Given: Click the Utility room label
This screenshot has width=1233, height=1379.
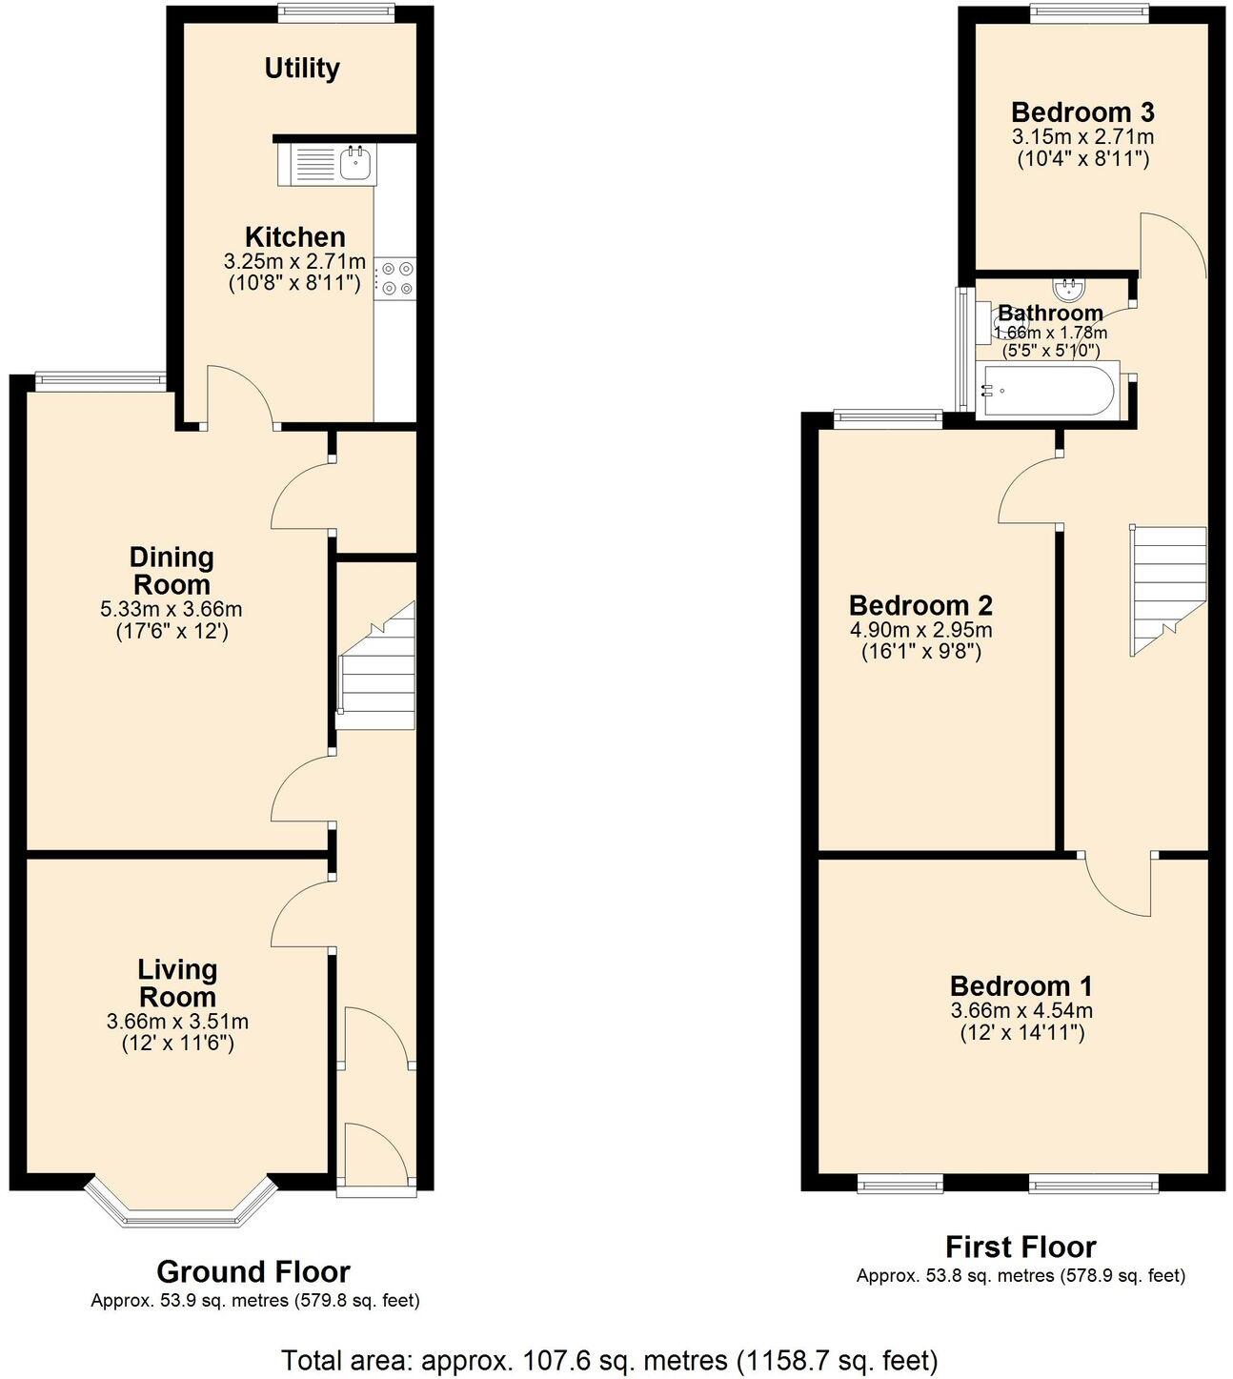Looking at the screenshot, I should pos(301,69).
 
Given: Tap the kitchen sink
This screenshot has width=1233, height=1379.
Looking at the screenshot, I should pos(356,163).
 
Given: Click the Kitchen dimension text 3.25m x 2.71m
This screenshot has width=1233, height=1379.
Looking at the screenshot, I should pos(294,261).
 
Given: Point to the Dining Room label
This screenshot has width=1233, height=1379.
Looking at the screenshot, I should pos(172,570).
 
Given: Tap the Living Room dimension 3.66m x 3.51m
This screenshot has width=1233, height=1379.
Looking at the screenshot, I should pos(178,1022).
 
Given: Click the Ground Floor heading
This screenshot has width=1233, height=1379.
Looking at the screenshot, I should pos(253,1271).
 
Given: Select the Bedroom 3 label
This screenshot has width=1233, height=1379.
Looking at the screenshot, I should pos(1082,112).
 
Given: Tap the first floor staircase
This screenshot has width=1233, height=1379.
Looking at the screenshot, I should pos(1167,591).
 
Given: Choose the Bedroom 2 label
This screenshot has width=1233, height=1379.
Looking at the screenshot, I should pos(920,605).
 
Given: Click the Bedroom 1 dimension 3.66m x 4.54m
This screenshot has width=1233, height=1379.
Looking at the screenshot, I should pos(1021,1010).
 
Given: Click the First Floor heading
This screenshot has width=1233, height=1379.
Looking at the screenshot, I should pos(1021,1247).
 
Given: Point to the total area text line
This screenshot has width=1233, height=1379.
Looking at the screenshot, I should pos(610,1359).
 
